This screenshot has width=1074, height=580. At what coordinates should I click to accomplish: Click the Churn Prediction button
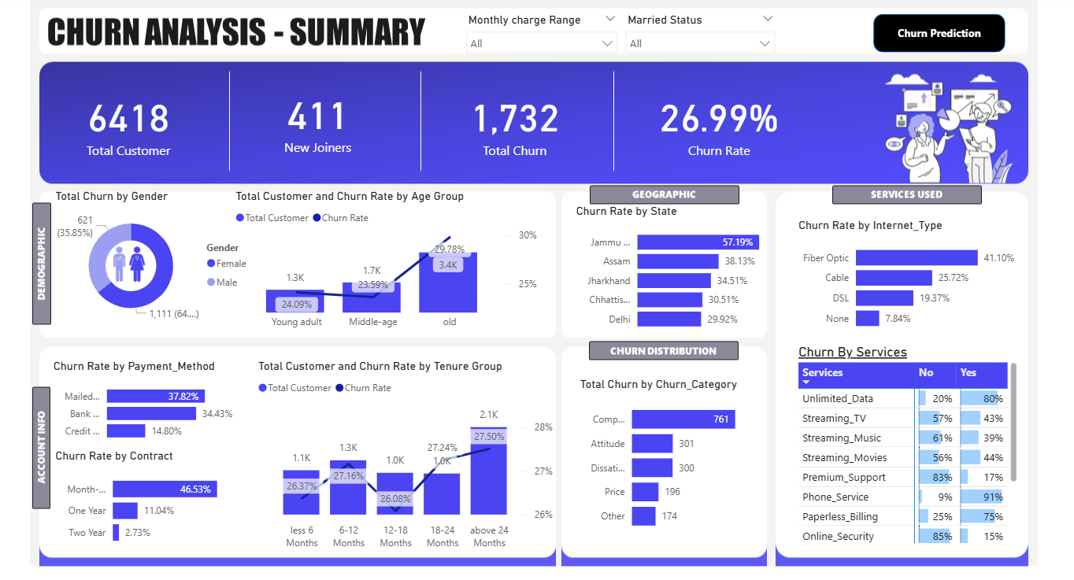click(939, 33)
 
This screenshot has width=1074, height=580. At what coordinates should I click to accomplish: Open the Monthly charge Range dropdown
click(541, 43)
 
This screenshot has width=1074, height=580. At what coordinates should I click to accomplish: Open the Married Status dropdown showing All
click(700, 43)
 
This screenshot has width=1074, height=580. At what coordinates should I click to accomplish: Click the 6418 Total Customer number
click(128, 119)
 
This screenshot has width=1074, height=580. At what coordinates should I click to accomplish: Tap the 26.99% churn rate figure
click(719, 119)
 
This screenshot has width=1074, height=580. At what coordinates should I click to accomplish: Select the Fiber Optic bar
click(917, 257)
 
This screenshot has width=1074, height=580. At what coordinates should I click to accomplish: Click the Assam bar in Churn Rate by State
click(677, 261)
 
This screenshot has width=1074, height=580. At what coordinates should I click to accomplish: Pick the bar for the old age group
click(448, 283)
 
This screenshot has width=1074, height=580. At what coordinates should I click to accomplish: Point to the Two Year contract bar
click(116, 533)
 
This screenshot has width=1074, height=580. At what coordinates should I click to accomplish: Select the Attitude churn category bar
click(652, 443)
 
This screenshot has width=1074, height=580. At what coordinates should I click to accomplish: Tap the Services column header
click(822, 372)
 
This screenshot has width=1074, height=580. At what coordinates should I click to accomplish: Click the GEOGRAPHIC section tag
click(664, 194)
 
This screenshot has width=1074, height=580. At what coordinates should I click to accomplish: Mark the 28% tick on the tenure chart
click(543, 427)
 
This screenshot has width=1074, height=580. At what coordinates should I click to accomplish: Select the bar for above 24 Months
click(488, 471)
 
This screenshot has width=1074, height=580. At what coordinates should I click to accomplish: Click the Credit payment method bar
click(126, 431)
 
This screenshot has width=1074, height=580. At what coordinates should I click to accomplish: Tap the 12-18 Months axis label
click(395, 537)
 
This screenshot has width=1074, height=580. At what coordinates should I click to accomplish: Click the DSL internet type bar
click(884, 297)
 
